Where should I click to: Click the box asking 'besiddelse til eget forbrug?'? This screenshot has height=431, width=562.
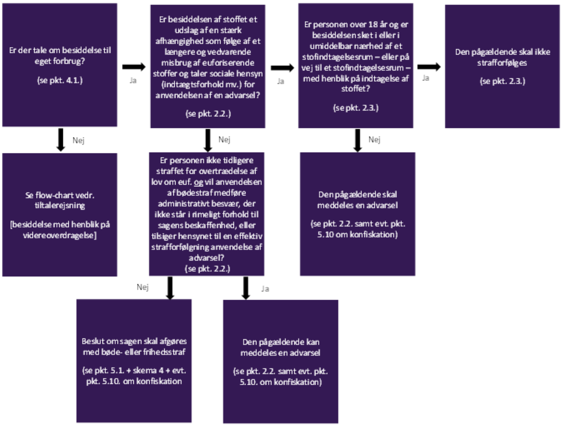(x=60, y=65)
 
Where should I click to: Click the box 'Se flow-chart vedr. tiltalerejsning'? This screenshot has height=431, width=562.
(x=60, y=214)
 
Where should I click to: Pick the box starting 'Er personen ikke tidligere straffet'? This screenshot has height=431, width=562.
(x=207, y=214)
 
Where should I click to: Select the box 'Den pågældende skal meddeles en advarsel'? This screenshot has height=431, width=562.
(x=358, y=214)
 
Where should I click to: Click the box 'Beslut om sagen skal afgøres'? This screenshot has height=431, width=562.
(x=134, y=361)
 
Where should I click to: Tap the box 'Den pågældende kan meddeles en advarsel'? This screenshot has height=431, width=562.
(x=281, y=361)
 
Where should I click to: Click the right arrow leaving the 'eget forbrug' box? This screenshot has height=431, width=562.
(x=134, y=67)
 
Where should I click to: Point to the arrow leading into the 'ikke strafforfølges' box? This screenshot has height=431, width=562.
(x=429, y=67)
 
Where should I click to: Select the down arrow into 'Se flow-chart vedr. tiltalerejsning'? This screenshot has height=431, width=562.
(x=61, y=140)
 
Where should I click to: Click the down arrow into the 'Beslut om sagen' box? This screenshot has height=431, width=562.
(x=170, y=288)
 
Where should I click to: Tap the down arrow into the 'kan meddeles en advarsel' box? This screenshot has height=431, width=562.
(x=246, y=288)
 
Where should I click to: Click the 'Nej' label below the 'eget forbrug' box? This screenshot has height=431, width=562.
(x=78, y=140)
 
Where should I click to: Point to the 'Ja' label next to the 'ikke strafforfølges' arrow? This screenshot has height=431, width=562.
(x=426, y=78)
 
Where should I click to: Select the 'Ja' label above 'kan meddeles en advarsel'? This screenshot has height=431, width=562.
(x=265, y=289)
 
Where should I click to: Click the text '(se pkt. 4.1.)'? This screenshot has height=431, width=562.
(x=60, y=80)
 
